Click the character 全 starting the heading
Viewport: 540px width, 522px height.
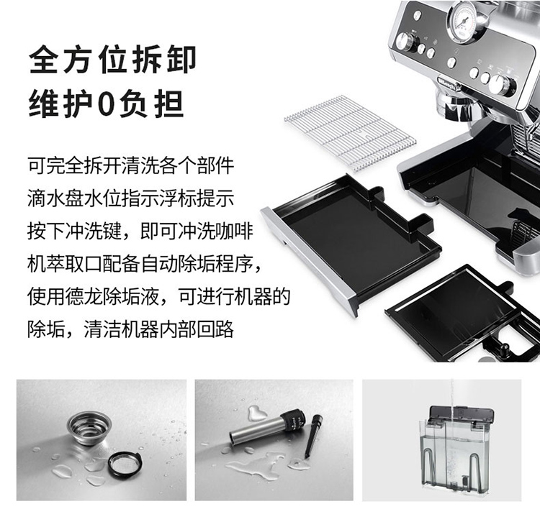[43, 59]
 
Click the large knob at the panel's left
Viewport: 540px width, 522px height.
[405, 41]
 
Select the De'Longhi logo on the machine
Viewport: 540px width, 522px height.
[448, 84]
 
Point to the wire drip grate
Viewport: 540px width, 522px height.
[351, 133]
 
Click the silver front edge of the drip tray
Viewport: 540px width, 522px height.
[310, 261]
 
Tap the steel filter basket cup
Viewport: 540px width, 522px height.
[89, 429]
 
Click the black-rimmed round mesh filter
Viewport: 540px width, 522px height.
[125, 464]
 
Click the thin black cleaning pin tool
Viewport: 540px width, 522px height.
[312, 436]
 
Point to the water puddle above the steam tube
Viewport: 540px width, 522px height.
[256, 412]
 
